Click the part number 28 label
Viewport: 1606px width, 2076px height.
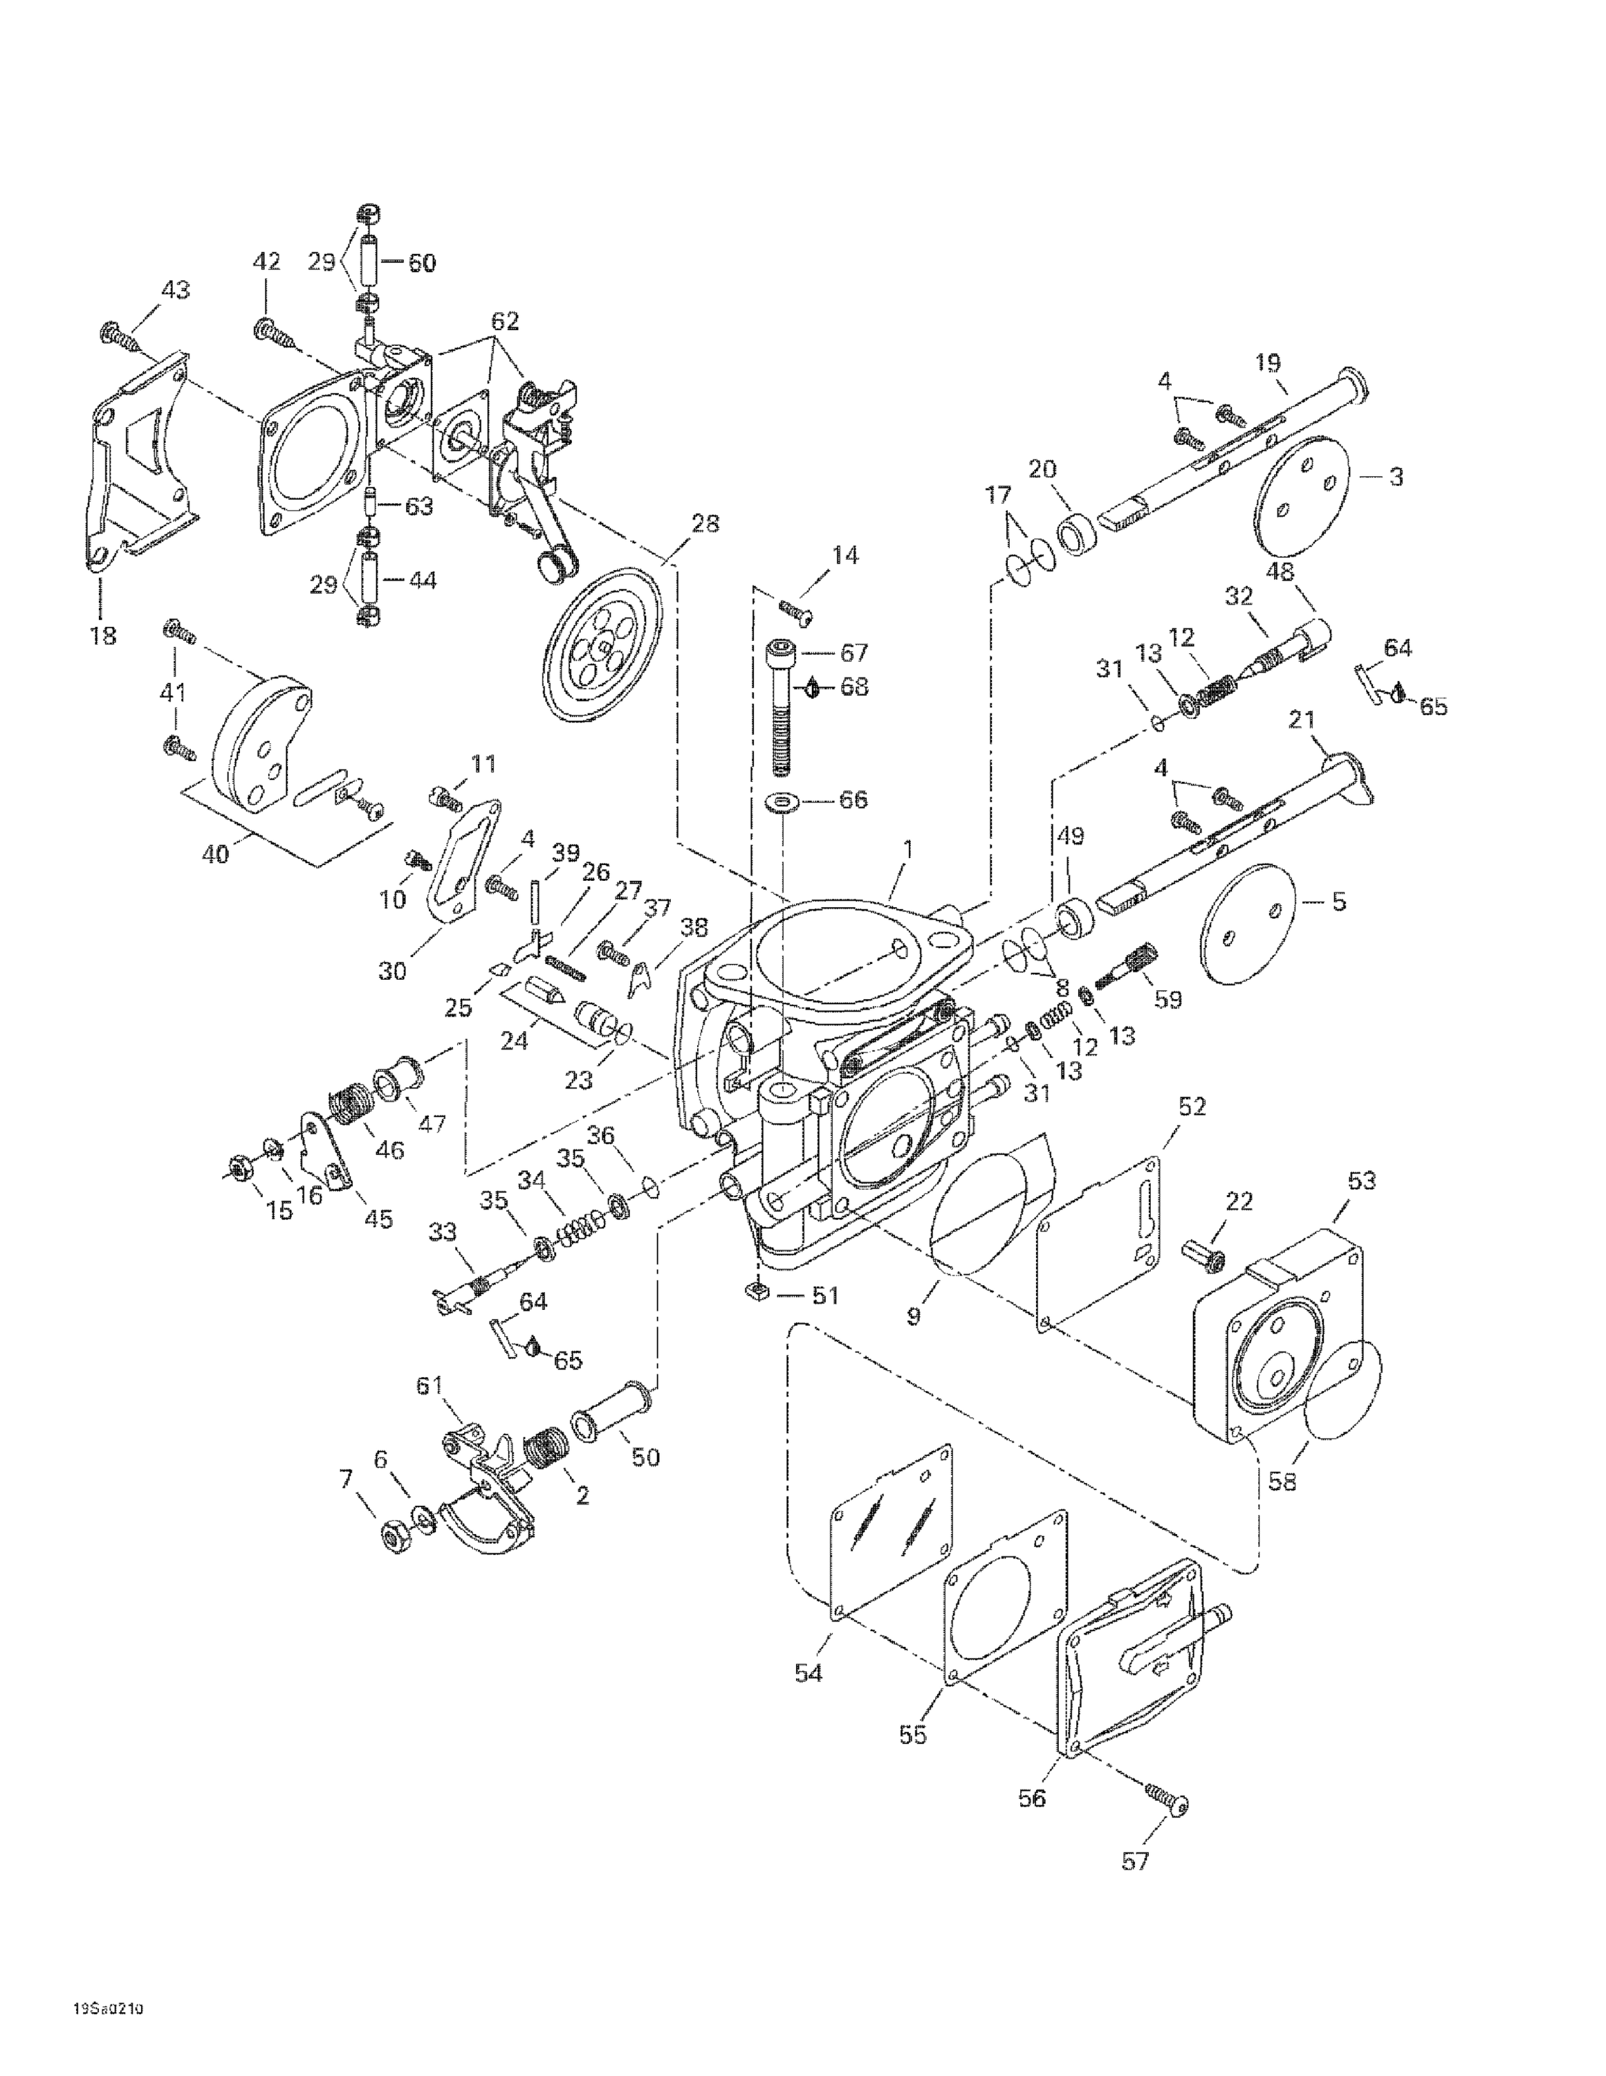[705, 524]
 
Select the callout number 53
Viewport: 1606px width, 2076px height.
[1362, 1181]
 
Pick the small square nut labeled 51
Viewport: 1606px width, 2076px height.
[757, 1294]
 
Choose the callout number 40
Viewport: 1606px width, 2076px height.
[216, 855]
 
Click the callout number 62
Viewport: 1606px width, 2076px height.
[505, 321]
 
